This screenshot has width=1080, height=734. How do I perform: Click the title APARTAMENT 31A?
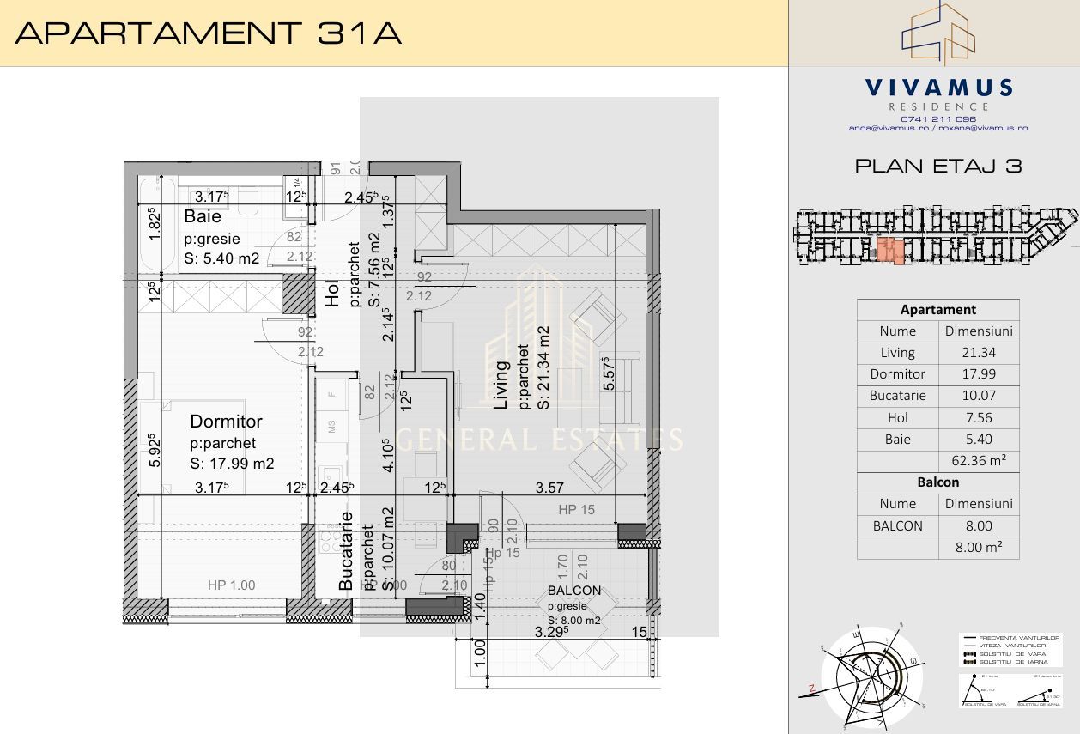point(209,33)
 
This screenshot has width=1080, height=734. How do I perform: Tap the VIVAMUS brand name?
point(938,88)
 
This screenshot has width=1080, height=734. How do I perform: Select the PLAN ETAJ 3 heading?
point(938,166)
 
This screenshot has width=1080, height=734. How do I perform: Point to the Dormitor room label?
point(226,422)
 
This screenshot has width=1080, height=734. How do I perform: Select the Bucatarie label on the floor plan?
point(346,550)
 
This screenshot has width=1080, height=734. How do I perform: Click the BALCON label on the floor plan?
point(574,591)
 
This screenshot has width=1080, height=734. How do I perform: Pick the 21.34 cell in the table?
point(979,352)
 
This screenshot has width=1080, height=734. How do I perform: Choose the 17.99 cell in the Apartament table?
point(979,374)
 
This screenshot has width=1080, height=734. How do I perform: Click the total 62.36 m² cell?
point(979,460)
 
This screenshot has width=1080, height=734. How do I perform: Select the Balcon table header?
point(937,482)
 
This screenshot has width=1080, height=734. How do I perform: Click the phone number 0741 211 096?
point(938,118)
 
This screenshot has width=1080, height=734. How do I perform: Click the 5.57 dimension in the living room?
point(608,374)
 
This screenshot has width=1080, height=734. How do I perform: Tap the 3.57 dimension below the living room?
point(549,488)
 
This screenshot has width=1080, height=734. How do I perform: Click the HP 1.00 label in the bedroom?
point(231,585)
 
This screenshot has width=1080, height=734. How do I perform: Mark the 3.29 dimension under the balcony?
point(553,633)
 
